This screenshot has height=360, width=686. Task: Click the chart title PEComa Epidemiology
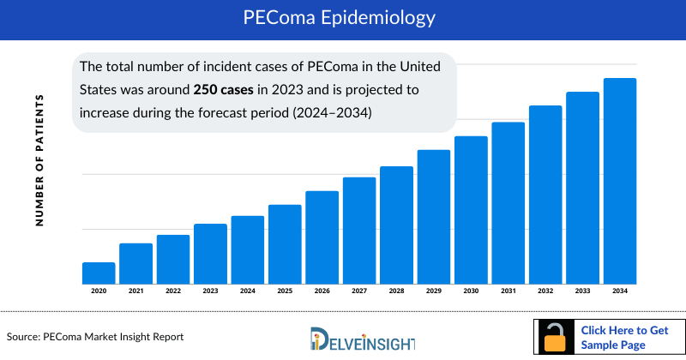tap(343, 18)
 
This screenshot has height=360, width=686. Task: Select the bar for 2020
tap(99, 273)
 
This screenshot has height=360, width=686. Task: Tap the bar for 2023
tap(210, 254)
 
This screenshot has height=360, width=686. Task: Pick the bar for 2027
tap(359, 231)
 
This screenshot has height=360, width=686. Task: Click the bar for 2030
tap(471, 210)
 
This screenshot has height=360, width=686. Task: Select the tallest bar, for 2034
tap(620, 181)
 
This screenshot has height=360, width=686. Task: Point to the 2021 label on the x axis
tap(135, 291)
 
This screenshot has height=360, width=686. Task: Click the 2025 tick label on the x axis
tap(285, 291)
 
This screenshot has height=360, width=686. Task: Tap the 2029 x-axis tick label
tap(434, 291)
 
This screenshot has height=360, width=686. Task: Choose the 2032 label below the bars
tap(545, 291)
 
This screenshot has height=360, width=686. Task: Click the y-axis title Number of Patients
tap(39, 161)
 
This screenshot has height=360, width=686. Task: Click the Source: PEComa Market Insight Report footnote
tap(95, 336)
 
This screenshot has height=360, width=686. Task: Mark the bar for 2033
tap(582, 188)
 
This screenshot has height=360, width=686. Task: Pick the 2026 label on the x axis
tap(322, 291)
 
